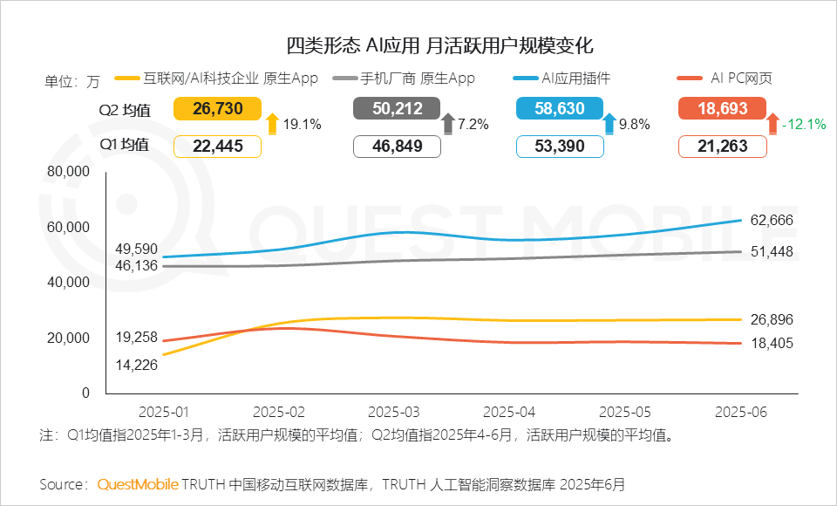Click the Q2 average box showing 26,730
(x=218, y=108)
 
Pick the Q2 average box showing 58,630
(x=559, y=108)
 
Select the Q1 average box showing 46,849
(x=397, y=147)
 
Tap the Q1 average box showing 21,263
(x=723, y=147)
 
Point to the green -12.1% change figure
(x=803, y=124)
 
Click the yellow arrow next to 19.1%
(x=272, y=124)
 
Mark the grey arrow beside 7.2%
(x=449, y=124)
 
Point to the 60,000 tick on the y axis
(x=66, y=227)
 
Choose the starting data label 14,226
(x=136, y=365)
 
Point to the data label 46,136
(x=136, y=265)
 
